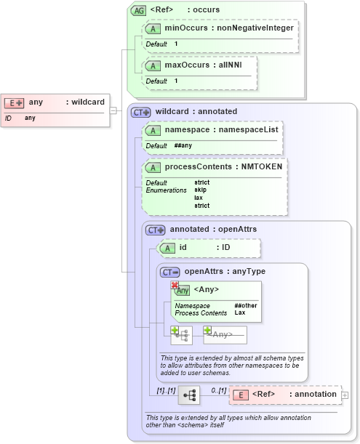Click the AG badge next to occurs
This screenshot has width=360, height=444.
pyautogui.click(x=137, y=10)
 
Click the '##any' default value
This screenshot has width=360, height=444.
pyautogui.click(x=183, y=146)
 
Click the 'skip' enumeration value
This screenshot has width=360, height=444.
pyautogui.click(x=200, y=190)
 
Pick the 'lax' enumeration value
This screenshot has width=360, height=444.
pyautogui.click(x=198, y=198)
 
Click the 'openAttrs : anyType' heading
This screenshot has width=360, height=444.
pyautogui.click(x=225, y=271)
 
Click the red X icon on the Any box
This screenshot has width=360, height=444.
pyautogui.click(x=175, y=285)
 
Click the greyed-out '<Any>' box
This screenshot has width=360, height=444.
pyautogui.click(x=225, y=335)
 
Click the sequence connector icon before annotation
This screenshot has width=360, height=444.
pyautogui.click(x=189, y=395)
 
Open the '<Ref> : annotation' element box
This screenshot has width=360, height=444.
pyautogui.click(x=285, y=395)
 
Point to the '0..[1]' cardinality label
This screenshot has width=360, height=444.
pyautogui.click(x=217, y=390)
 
